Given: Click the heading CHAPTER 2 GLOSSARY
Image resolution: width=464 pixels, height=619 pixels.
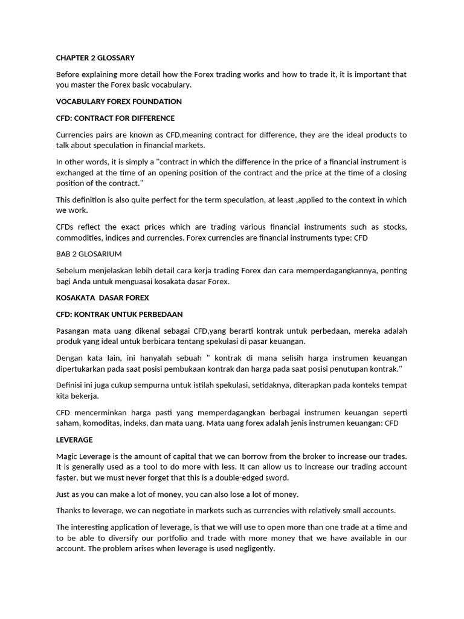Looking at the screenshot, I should (95, 58).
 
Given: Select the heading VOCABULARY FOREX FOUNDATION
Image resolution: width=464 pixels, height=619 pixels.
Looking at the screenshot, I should (118, 102).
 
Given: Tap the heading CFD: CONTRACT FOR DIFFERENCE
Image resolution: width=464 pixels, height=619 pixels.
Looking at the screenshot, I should (115, 118).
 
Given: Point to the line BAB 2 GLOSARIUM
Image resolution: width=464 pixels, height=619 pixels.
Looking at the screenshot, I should (88, 254).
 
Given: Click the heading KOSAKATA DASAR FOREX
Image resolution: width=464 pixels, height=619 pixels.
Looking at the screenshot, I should (102, 298).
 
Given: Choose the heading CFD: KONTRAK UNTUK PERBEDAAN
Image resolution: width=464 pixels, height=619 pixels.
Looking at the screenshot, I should (119, 314).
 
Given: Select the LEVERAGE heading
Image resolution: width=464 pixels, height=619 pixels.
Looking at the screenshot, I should (74, 439).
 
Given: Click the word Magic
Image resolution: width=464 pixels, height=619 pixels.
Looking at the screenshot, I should (68, 456).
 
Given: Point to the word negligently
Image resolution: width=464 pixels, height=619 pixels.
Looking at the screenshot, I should (253, 548).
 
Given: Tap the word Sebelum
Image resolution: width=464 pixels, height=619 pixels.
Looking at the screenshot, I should (71, 271).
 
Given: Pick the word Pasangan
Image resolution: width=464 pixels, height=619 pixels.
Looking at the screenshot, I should (74, 331).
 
